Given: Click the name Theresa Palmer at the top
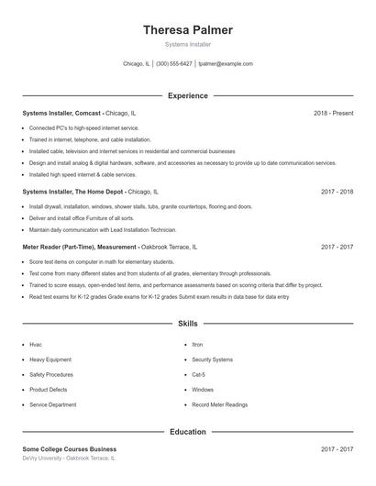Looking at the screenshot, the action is (187, 30).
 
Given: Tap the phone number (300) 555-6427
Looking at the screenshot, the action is (174, 64).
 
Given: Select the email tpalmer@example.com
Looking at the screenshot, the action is (225, 64).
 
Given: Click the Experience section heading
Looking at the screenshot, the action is (187, 95).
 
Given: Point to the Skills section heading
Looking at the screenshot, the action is (187, 324).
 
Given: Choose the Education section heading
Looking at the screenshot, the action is (187, 431).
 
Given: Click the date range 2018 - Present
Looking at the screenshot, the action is (333, 113).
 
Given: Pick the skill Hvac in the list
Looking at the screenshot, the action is (36, 345).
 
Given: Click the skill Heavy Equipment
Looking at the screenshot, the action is (50, 359).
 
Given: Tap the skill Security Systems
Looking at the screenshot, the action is (213, 359).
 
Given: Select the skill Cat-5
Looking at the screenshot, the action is (199, 374).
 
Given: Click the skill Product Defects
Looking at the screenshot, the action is (48, 390).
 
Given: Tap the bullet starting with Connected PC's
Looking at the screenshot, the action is (84, 127).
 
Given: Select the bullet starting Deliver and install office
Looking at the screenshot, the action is (87, 218).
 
